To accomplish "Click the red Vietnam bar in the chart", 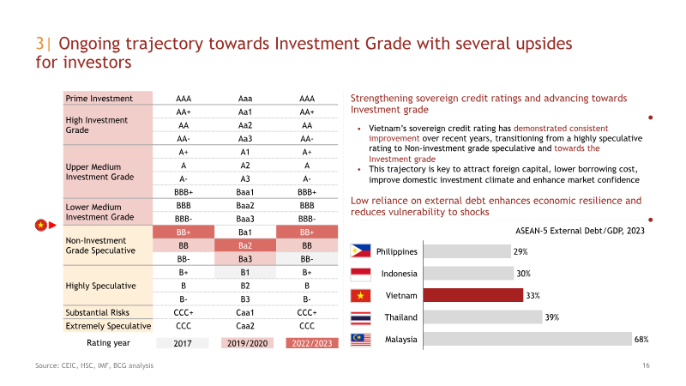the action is (473, 295).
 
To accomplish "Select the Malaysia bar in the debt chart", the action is (527, 339).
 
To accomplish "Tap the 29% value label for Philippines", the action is (521, 251).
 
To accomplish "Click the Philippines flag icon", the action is (360, 251).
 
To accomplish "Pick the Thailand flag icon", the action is (360, 317).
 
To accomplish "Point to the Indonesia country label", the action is (399, 274).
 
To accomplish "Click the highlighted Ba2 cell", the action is (245, 245).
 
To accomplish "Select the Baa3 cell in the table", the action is (245, 219).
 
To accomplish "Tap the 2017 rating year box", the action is (183, 343).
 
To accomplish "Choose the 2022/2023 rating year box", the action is (312, 343).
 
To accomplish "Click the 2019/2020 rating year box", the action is (247, 343).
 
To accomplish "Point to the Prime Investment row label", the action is (99, 99).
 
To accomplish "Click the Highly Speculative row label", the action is (100, 286).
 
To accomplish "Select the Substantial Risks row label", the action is (97, 312).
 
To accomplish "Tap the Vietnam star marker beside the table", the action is (40, 226).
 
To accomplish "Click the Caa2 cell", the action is (245, 326).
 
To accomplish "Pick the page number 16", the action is (646, 365).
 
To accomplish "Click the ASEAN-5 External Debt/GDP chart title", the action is (580, 231).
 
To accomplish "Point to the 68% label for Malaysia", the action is (641, 339).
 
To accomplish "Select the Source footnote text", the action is (94, 365).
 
